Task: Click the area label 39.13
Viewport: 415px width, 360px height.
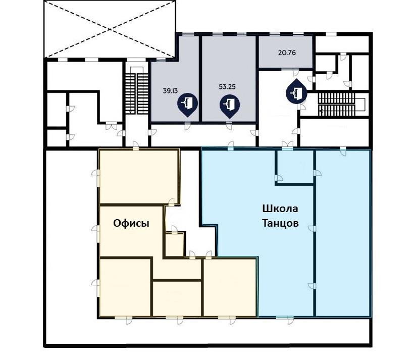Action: [x=170, y=91]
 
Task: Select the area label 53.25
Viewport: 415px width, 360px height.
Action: [x=227, y=86]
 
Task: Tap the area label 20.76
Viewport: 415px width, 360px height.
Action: [x=287, y=53]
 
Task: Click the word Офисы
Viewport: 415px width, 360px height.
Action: [x=131, y=223]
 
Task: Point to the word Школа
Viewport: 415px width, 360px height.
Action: [x=280, y=209]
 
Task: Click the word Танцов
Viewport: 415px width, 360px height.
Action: [x=280, y=223]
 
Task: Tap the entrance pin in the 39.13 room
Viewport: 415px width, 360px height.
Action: [x=187, y=105]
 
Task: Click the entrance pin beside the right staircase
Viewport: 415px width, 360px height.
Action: [x=296, y=91]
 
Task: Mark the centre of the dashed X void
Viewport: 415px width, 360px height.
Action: [x=110, y=29]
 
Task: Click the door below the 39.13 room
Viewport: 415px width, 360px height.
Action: [x=187, y=126]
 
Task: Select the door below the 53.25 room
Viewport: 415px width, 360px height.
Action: [x=229, y=126]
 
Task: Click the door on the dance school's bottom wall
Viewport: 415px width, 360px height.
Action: [x=287, y=320]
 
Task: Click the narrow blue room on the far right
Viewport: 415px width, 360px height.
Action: [x=343, y=233]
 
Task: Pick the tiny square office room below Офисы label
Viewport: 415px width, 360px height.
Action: [x=174, y=245]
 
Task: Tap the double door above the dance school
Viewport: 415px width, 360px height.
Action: [x=287, y=145]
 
